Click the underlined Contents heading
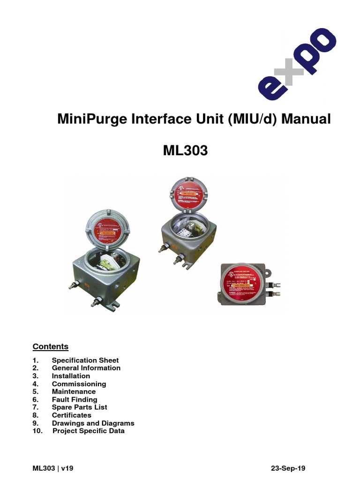pos(50,347)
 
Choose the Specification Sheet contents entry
pos(85,360)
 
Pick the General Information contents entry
pos(86,368)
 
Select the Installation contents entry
pos(71,376)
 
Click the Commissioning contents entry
pos(79,384)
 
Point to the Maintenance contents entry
pos(74,391)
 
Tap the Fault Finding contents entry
pos(75,399)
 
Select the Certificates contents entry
pos(71,415)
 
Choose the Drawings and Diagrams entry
pos(93,423)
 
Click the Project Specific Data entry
pos(88,431)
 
